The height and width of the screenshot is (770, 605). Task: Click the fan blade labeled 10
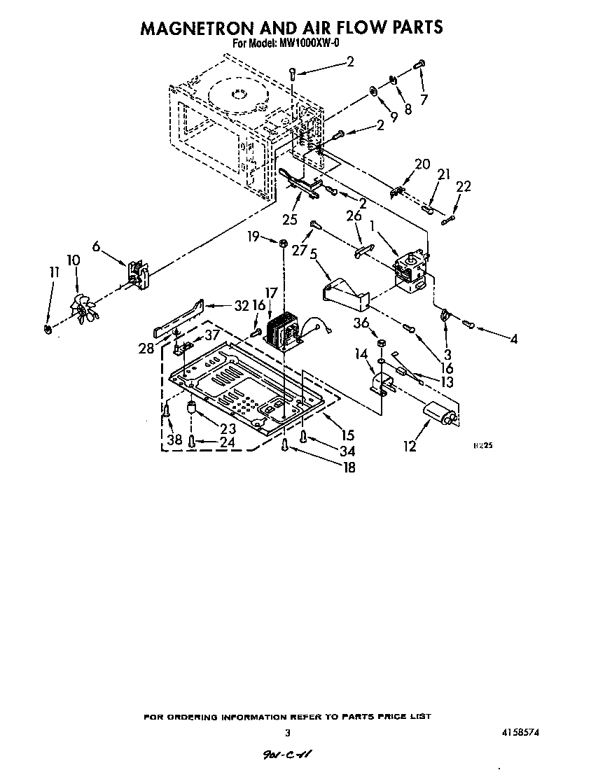[x=83, y=308]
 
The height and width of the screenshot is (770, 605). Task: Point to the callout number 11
[x=55, y=273]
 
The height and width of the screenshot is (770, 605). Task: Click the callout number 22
[x=463, y=187]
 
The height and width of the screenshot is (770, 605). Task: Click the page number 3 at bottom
[x=287, y=733]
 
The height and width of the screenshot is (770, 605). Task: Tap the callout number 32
[x=241, y=305]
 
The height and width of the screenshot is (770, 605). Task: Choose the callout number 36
[x=361, y=323]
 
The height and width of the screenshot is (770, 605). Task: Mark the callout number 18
[x=348, y=468]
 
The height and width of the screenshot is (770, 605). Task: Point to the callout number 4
[x=513, y=339]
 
